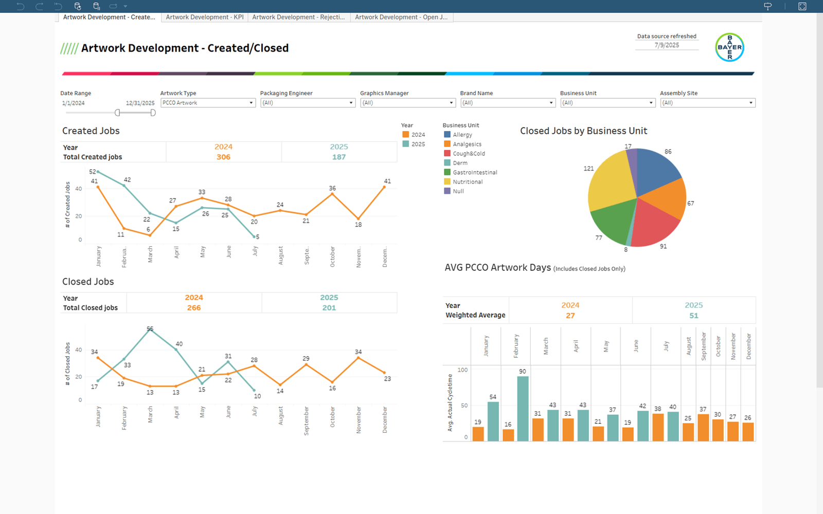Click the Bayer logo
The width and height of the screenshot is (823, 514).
pos(729,47)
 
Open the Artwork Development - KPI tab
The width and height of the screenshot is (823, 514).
pos(204,17)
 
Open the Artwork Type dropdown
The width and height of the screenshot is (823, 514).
pos(208,103)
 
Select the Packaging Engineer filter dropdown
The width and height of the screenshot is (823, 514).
pos(308,103)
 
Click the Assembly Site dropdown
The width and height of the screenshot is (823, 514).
pos(707,103)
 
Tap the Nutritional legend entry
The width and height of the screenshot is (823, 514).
pos(467,182)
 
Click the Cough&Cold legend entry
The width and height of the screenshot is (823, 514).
pos(468,154)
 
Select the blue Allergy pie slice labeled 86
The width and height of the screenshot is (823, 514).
pos(657,170)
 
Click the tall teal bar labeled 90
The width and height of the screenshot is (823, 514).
pos(523,409)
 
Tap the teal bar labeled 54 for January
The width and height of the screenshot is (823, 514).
pos(493,421)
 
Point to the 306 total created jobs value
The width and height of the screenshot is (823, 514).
pos(223,157)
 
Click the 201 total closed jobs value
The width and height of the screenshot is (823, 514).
pos(329,308)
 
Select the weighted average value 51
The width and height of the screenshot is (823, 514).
pos(693,316)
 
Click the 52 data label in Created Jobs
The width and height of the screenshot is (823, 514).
pos(93,172)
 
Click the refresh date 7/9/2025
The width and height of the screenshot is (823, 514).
pos(667,45)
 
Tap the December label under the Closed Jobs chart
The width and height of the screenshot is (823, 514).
pos(385,419)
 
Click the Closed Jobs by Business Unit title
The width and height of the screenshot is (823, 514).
pos(583,131)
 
